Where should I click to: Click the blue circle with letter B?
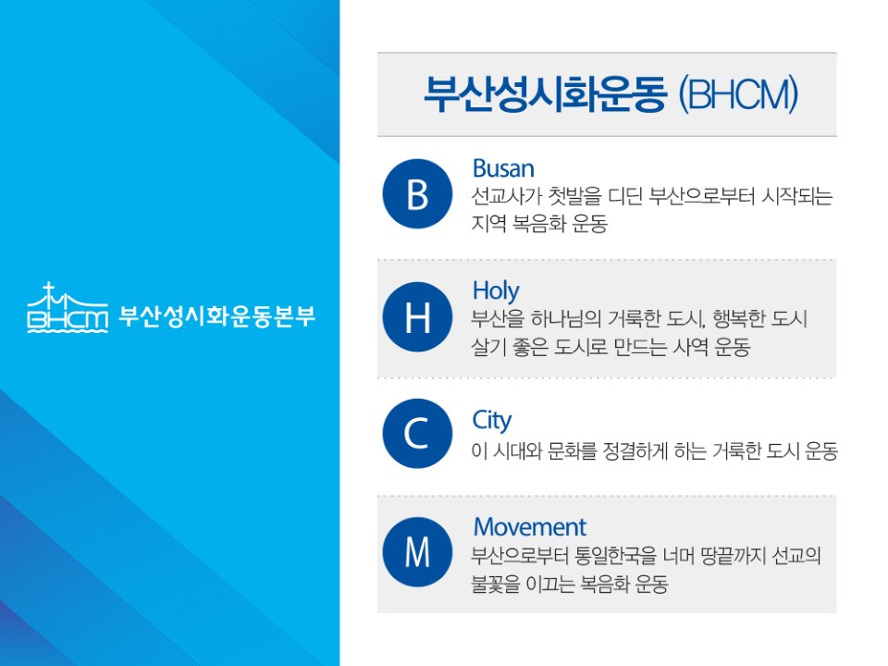click(x=417, y=193)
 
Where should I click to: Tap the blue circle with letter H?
click(x=417, y=316)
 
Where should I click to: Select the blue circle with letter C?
click(x=417, y=433)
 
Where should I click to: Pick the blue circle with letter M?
click(x=417, y=551)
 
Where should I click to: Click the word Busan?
click(x=503, y=168)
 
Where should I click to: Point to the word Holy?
click(x=496, y=291)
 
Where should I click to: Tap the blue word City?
click(x=491, y=421)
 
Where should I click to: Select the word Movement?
click(x=530, y=527)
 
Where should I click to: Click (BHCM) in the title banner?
click(x=738, y=94)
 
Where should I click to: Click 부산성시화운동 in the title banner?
click(x=545, y=94)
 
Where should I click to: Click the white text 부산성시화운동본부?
click(x=216, y=316)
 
